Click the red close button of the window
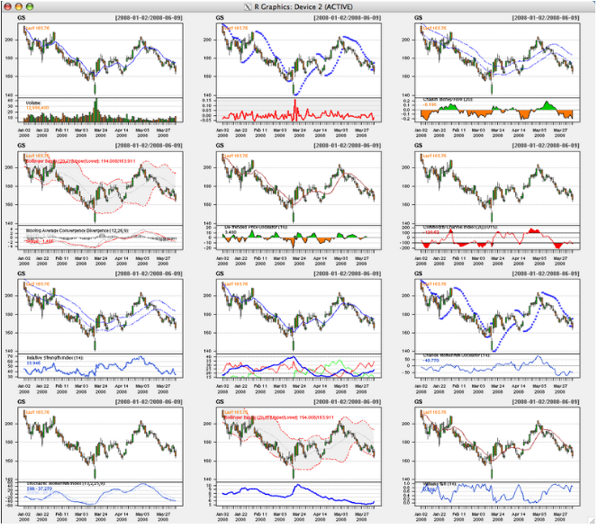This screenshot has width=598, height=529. coord(7,5)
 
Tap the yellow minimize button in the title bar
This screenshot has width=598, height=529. coord(20,5)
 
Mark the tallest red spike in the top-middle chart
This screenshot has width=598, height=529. coord(294,106)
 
